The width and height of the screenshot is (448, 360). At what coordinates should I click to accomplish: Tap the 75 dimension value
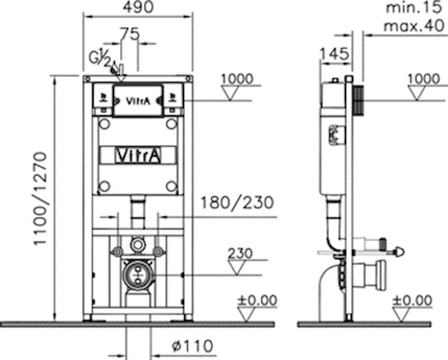coord(129,34)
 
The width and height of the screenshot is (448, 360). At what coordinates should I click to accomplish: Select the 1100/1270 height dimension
coord(40,199)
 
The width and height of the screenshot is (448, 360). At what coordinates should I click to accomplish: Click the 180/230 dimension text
coord(237,203)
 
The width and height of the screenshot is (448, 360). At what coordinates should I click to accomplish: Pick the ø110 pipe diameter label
coord(193,346)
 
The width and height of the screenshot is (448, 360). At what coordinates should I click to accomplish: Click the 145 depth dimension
coord(334,54)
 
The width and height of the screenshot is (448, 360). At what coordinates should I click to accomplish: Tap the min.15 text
coord(414,7)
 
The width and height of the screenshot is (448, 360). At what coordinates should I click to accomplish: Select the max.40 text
coord(414,26)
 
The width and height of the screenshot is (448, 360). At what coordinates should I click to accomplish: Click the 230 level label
coord(240,253)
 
